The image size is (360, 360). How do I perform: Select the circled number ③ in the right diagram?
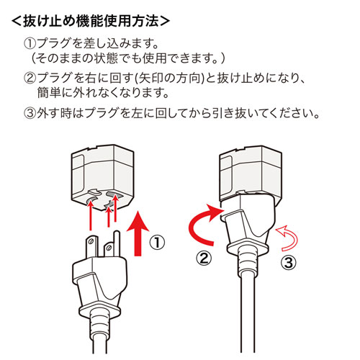coord(286,262)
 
